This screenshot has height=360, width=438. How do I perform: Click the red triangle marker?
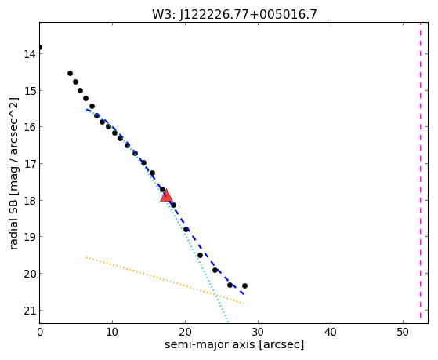166,195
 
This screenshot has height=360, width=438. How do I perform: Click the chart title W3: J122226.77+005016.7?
234,14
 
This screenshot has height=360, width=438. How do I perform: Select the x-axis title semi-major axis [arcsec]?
234,344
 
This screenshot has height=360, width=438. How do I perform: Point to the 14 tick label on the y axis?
30,53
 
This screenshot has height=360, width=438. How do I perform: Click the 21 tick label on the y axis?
30,311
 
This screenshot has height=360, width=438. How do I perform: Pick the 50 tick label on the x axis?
403,332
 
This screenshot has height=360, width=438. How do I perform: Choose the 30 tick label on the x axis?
258,332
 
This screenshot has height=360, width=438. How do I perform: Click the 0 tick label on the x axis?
40,332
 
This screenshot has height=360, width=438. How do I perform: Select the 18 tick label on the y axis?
30,201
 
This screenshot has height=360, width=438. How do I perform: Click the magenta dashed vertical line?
420,170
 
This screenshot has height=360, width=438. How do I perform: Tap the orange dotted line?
165,280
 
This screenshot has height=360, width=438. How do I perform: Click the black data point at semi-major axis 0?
40,47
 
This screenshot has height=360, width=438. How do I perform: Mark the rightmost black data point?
244,285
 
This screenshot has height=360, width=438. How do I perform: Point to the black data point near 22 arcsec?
200,255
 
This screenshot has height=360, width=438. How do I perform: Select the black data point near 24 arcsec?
215,270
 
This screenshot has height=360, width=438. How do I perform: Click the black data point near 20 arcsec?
186,229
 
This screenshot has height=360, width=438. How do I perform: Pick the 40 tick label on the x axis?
331,332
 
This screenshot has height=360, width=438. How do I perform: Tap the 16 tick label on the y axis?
30,127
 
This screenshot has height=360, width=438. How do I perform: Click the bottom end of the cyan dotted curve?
228,322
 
